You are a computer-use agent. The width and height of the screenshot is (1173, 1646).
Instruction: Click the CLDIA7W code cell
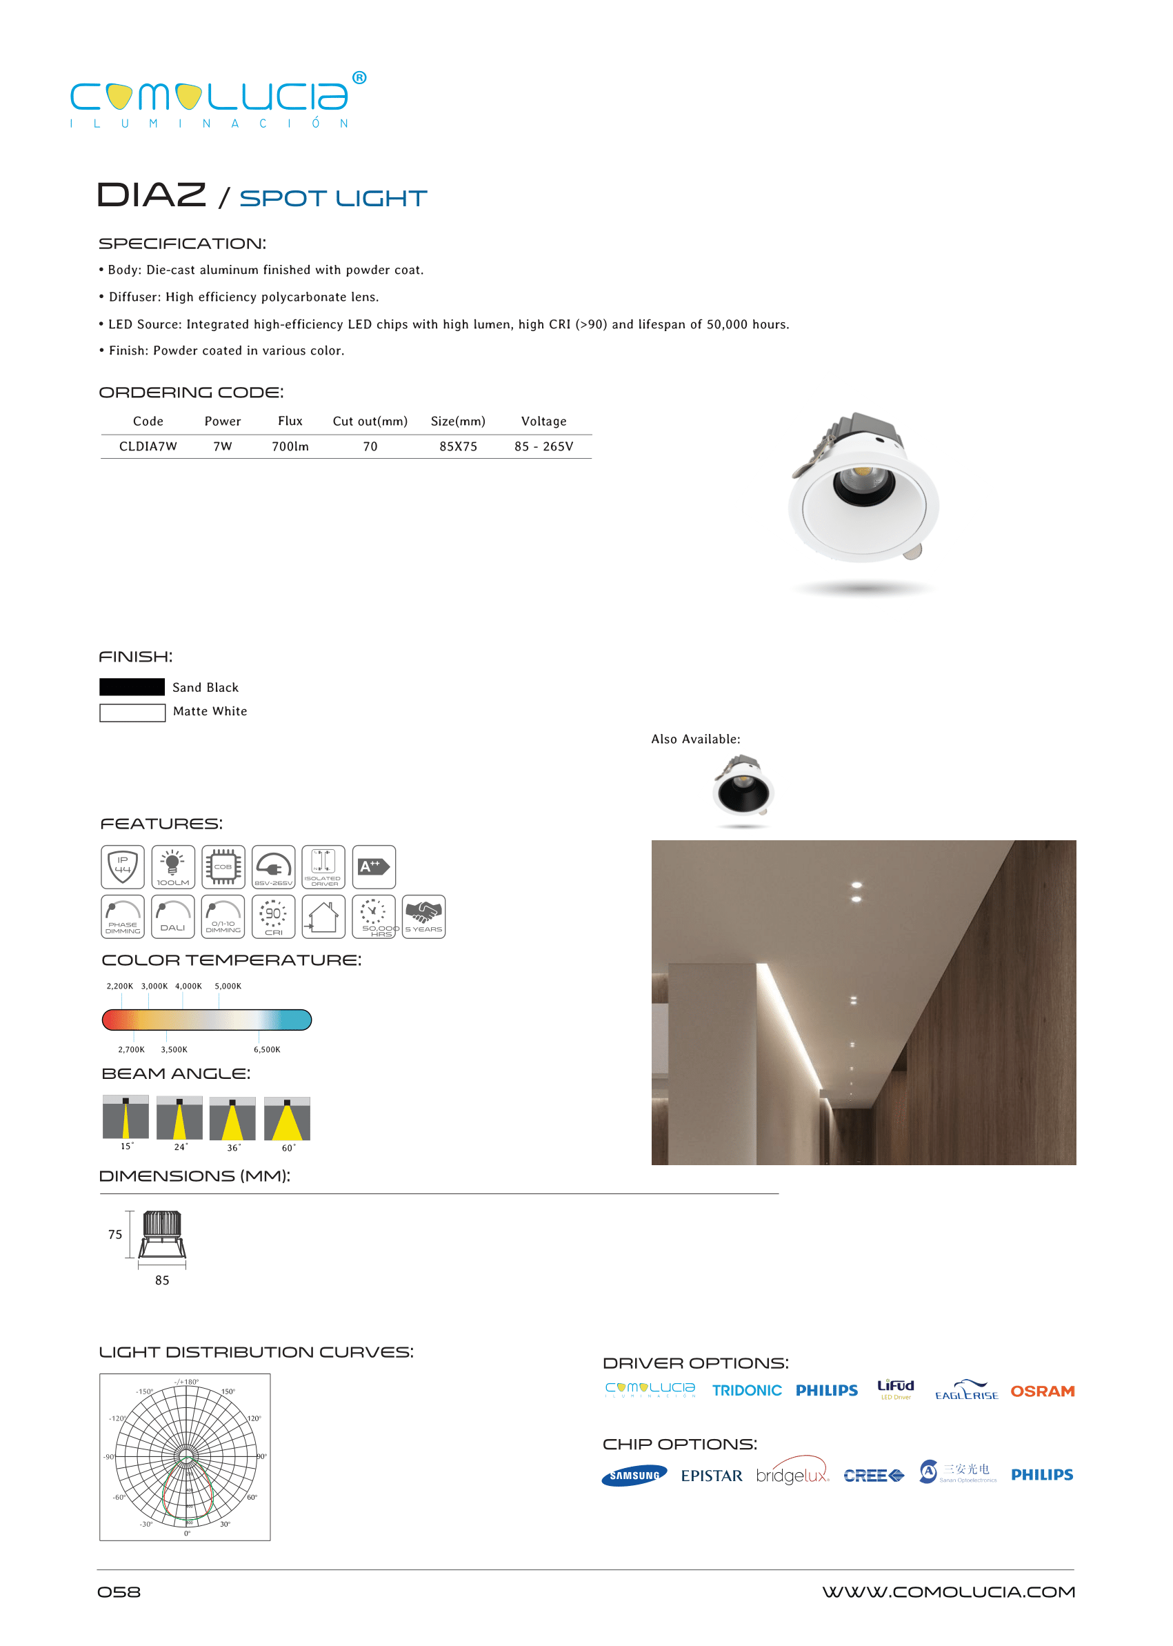[x=148, y=446]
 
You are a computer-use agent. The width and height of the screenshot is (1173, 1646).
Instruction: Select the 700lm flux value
[x=290, y=446]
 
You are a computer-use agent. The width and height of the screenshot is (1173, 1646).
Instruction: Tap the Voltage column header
[x=544, y=422]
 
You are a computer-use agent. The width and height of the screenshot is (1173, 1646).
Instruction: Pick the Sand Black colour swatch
[x=132, y=687]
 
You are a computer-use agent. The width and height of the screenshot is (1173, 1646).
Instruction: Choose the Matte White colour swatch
[x=132, y=713]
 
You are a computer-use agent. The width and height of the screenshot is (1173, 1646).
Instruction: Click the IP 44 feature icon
[x=123, y=866]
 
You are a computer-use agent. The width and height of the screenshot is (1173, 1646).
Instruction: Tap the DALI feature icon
[x=172, y=916]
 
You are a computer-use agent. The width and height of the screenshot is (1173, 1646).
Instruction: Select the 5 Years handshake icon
[x=423, y=916]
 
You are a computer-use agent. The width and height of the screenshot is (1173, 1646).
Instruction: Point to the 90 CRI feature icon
[x=273, y=916]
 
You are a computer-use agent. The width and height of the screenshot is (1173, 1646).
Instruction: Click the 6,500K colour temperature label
[x=266, y=1049]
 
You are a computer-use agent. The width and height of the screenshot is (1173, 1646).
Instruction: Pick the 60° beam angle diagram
[x=287, y=1119]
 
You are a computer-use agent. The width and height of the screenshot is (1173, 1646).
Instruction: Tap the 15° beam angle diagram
[x=126, y=1117]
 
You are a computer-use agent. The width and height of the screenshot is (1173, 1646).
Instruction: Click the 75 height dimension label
[x=115, y=1234]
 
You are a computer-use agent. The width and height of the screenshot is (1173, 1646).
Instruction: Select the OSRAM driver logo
[x=1042, y=1391]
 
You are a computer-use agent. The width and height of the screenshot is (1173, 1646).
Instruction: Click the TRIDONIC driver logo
[x=747, y=1391]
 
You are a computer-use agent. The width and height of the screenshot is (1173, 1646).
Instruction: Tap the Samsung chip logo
[x=634, y=1476]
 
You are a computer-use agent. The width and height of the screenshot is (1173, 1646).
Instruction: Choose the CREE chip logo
[x=873, y=1476]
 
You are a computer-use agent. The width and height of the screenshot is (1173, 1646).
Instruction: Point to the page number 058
[x=119, y=1592]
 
